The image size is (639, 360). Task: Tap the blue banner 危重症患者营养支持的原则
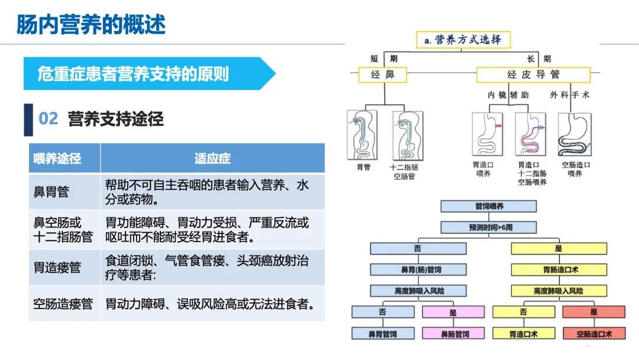[x=133, y=74]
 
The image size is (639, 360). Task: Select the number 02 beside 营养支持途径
[x=48, y=119]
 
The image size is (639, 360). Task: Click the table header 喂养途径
[x=57, y=159]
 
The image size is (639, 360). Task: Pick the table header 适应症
[x=212, y=159]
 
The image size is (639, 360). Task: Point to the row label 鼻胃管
[x=51, y=192]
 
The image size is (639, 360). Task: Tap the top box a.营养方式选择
[x=463, y=40]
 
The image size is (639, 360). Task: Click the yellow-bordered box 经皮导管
[x=533, y=75]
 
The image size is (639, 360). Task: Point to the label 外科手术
[x=570, y=95]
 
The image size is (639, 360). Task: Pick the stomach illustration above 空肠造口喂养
[x=575, y=134]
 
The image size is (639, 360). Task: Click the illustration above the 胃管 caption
[x=362, y=134]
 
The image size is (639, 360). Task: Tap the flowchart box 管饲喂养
[x=489, y=206]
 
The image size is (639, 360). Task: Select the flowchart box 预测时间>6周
[x=489, y=227]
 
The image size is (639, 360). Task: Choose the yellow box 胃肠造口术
[x=559, y=270]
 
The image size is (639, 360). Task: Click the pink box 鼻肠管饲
[x=454, y=334]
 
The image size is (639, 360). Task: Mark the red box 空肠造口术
[x=593, y=334]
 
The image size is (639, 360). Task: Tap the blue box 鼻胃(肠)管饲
[x=418, y=270]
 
